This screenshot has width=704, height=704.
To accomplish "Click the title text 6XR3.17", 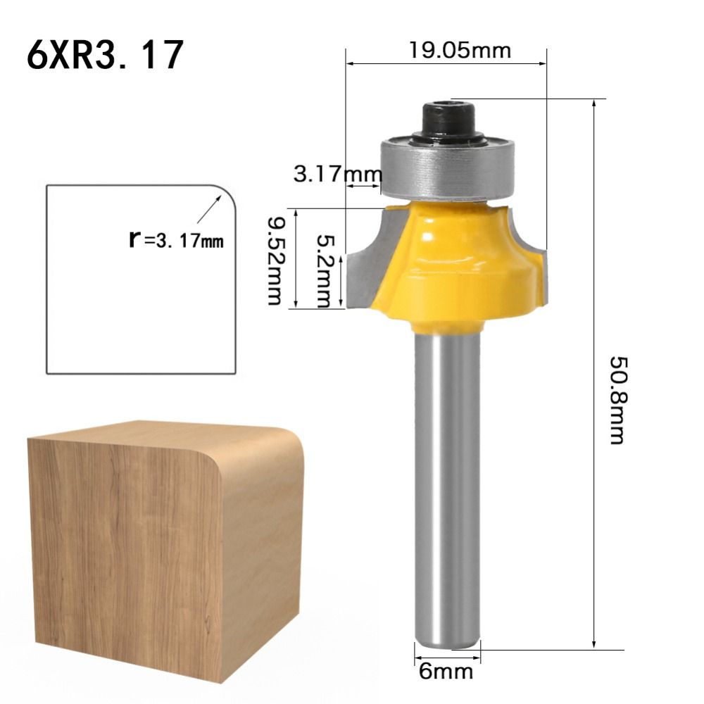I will tap(106, 56).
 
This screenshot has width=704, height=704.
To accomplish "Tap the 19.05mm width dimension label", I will tap(460, 50).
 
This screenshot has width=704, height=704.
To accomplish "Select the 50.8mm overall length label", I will tap(617, 401).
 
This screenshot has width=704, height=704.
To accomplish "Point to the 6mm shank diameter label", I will tap(446, 671).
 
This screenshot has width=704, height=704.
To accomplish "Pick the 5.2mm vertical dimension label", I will tap(323, 271).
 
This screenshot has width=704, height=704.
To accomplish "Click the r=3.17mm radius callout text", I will tap(176, 240).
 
